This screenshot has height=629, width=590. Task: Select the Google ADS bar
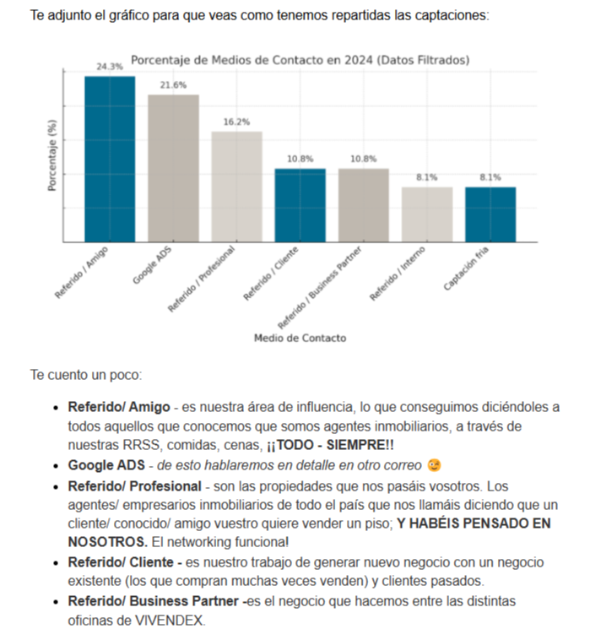pyautogui.click(x=173, y=168)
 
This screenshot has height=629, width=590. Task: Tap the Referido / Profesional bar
pyautogui.click(x=236, y=187)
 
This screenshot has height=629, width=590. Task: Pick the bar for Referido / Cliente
pyautogui.click(x=300, y=205)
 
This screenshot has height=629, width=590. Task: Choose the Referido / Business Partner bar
pyautogui.click(x=364, y=205)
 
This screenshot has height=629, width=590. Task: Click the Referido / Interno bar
pyautogui.click(x=427, y=214)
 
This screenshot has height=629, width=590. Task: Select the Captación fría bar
pyautogui.click(x=490, y=214)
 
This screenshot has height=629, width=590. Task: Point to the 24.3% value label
pyautogui.click(x=110, y=66)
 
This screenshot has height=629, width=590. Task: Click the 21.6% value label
pyautogui.click(x=173, y=85)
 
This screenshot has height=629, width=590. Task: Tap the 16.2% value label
pyautogui.click(x=236, y=122)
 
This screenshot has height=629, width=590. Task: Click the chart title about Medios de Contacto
pyautogui.click(x=300, y=60)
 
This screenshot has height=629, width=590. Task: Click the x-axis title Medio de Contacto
pyautogui.click(x=300, y=338)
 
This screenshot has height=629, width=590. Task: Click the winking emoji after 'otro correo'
pyautogui.click(x=434, y=465)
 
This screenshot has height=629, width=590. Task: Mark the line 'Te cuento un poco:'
pyautogui.click(x=80, y=373)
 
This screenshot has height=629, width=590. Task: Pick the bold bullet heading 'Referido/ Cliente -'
pyautogui.click(x=125, y=561)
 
